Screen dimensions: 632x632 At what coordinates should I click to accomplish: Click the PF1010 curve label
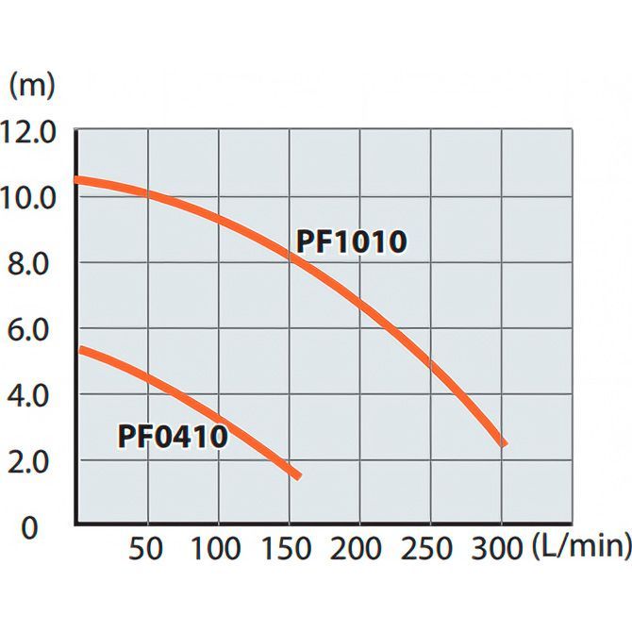point(351,241)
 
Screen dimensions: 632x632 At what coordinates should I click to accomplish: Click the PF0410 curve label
point(173,437)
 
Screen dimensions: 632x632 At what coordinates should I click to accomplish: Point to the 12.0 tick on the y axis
point(30,130)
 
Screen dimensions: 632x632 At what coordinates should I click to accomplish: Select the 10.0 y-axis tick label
point(30,197)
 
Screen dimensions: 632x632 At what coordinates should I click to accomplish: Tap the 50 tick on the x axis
point(147,547)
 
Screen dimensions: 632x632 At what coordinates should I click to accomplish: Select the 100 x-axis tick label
point(218,547)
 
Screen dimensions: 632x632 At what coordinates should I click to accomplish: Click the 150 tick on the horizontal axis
point(289,547)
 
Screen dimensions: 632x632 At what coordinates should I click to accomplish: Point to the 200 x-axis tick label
point(359,547)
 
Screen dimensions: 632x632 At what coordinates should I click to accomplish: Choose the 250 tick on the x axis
point(430,547)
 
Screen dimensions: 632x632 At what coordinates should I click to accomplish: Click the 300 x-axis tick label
point(501,547)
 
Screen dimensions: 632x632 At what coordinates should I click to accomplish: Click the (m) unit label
point(32,85)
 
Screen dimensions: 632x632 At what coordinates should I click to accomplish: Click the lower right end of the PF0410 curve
point(297,475)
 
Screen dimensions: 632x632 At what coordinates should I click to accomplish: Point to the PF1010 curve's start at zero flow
point(77,180)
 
